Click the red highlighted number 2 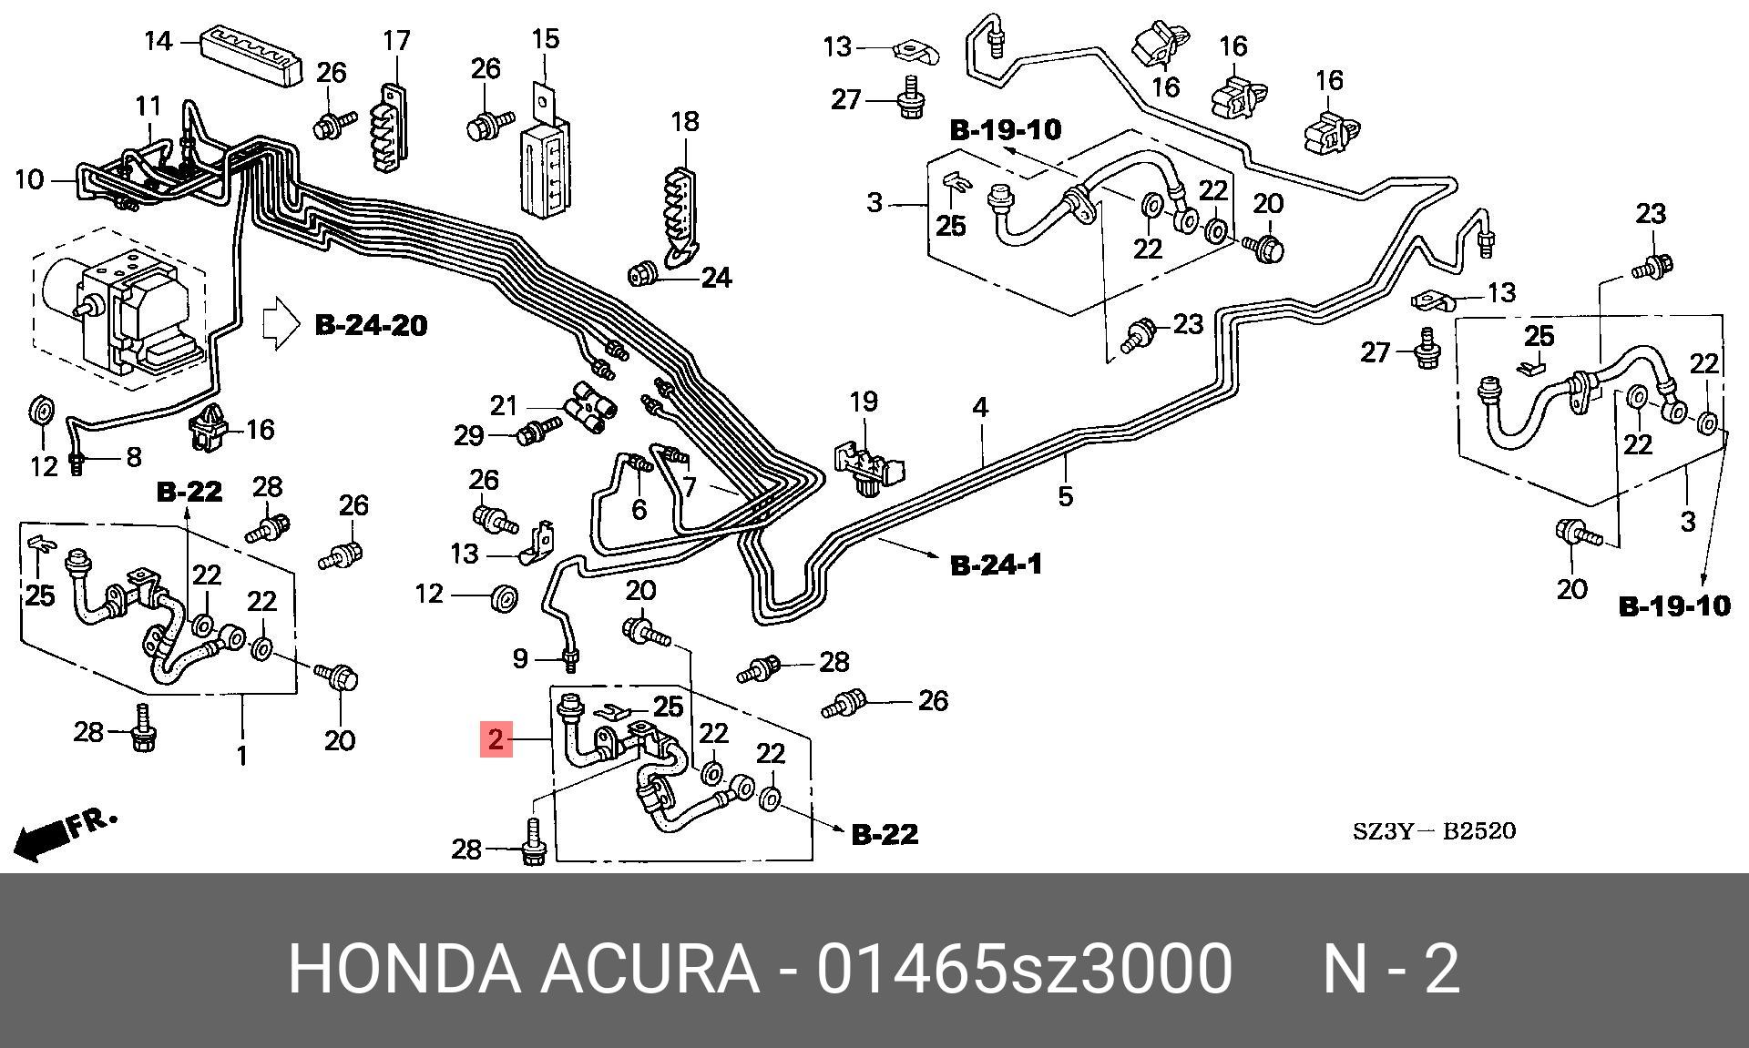[x=496, y=739]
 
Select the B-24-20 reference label [x=371, y=325]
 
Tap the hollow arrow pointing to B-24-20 [x=281, y=324]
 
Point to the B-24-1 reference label [x=997, y=565]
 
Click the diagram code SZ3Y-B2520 [x=1433, y=831]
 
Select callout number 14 [x=159, y=42]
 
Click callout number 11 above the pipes [x=148, y=107]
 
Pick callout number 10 [x=29, y=179]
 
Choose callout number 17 [x=396, y=41]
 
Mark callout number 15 [x=545, y=39]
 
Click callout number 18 [x=685, y=121]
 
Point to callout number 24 [x=716, y=277]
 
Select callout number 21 [x=504, y=406]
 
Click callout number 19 [x=864, y=401]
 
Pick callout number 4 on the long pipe [x=980, y=407]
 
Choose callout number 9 [x=520, y=657]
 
